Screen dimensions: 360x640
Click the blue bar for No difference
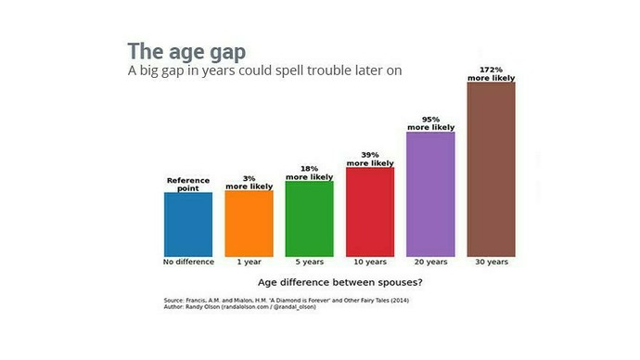tap(188, 224)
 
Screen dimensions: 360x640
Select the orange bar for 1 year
tap(249, 223)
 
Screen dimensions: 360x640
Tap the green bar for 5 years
tap(309, 218)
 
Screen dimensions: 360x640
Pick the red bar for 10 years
tap(370, 212)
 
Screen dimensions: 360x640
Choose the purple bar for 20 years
tap(430, 194)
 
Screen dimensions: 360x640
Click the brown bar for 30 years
tap(491, 169)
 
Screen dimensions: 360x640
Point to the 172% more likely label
tap(491, 74)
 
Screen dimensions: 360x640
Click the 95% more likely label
tap(430, 123)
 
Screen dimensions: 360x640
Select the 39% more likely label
tap(370, 159)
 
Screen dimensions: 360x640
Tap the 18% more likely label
tap(309, 173)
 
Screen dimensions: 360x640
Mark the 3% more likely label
tap(249, 183)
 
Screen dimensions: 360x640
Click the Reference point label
tap(188, 184)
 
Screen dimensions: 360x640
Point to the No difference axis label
tap(188, 262)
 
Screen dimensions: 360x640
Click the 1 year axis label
tap(249, 262)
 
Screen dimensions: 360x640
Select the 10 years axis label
tap(370, 262)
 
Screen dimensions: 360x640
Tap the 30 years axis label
tap(491, 262)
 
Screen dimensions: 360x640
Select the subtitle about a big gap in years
tap(263, 71)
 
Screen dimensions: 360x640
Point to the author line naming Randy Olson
tap(239, 306)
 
